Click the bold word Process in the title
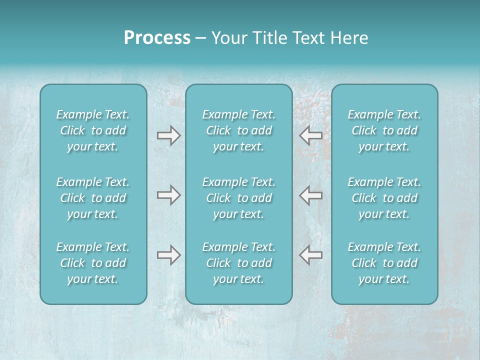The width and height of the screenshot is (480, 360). click(157, 38)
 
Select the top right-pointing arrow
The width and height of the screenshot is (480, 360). click(168, 135)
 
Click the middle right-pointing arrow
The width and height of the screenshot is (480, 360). click(168, 195)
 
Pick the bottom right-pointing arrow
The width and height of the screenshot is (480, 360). click(168, 255)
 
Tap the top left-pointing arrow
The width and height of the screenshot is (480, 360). click(311, 135)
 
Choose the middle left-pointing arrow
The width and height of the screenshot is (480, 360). click(311, 195)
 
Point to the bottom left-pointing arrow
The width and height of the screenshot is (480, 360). click(311, 255)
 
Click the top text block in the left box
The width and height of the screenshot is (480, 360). click(93, 130)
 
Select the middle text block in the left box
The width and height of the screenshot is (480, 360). click(93, 198)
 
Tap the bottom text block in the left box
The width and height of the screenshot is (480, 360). click(93, 263)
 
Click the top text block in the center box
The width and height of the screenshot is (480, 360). click(239, 130)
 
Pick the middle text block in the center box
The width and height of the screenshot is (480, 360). click(239, 198)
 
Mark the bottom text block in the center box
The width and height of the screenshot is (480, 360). click(239, 263)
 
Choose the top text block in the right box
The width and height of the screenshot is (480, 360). click(384, 130)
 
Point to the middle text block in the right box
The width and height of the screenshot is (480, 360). click(384, 198)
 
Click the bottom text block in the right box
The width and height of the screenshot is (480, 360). click(384, 263)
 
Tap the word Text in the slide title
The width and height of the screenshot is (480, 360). click(307, 38)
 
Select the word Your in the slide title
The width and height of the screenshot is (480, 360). click(228, 38)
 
